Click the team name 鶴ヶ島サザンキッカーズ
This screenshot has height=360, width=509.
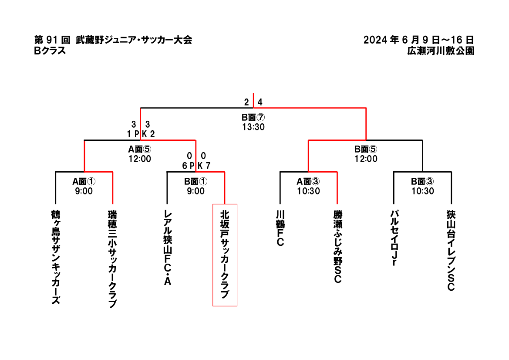tap(55, 258)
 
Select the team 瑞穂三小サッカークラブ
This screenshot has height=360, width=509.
tap(112, 259)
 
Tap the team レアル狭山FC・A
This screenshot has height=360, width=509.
tap(168, 248)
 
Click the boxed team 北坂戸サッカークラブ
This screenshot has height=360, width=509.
tap(225, 255)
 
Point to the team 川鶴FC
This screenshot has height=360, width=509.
tap(281, 228)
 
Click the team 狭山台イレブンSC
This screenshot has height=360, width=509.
tap(451, 251)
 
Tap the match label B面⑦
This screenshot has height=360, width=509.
tap(253, 117)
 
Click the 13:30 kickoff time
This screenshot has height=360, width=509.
tap(253, 127)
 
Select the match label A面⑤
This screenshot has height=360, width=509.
tap(140, 149)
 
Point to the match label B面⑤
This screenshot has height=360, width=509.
tap(366, 149)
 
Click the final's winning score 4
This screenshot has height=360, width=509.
tap(260, 102)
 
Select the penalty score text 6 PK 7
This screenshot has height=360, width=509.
tap(196, 166)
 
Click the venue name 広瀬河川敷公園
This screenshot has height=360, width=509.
tap(441, 51)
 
